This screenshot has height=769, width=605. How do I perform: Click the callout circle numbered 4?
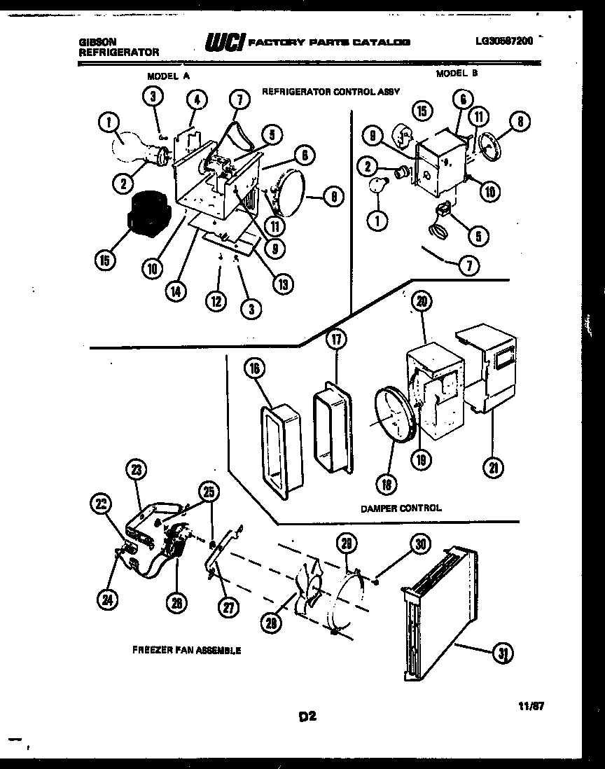point(197,99)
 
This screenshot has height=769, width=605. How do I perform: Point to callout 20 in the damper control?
point(422,302)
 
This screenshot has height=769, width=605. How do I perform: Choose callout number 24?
point(109,599)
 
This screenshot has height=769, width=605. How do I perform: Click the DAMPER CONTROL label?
point(401,508)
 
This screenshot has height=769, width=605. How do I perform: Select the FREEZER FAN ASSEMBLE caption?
point(186,650)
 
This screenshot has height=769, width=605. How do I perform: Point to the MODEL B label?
point(457,73)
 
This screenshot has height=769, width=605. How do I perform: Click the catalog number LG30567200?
point(503,41)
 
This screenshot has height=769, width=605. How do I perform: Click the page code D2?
point(309,716)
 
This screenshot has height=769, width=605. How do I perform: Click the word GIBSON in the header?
point(97,42)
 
